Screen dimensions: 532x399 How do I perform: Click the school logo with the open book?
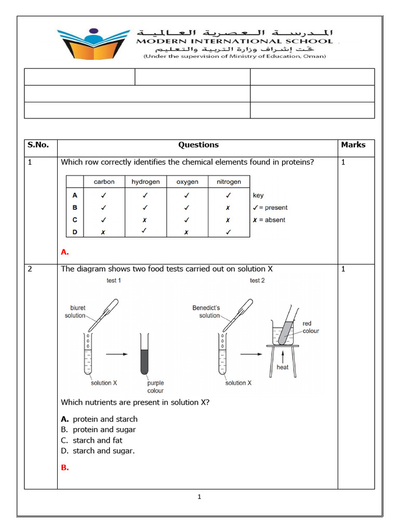click(93, 44)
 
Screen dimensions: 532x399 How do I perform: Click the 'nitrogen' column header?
click(229, 182)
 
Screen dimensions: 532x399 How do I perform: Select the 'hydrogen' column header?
click(145, 182)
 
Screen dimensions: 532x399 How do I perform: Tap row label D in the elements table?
click(75, 232)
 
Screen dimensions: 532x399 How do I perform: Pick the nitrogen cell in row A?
click(229, 195)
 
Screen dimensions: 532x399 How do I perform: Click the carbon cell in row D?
click(104, 232)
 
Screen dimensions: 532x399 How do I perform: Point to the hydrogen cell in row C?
click(145, 220)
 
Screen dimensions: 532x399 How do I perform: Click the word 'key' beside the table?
click(258, 195)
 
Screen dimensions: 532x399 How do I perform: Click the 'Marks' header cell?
click(353, 145)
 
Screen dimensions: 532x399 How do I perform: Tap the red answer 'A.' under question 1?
click(65, 252)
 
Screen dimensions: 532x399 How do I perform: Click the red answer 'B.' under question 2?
click(65, 468)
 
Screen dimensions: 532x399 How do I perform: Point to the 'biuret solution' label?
click(75, 312)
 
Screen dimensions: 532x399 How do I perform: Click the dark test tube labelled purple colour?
click(144, 354)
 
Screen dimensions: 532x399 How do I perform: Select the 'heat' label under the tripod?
click(282, 367)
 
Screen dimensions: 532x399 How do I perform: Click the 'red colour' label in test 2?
click(311, 327)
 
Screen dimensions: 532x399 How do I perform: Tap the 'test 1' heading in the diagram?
click(114, 281)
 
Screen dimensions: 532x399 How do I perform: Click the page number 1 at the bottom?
click(199, 497)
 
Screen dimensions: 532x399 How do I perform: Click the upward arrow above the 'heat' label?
click(282, 356)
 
